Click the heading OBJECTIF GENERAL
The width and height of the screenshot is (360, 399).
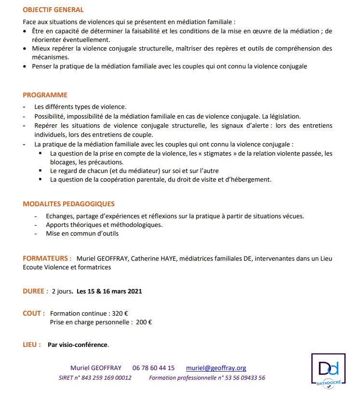coord(53,10)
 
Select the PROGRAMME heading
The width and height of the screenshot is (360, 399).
coord(45,95)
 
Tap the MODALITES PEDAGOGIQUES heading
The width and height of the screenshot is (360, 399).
coord(68,204)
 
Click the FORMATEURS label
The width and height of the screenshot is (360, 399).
coord(47,259)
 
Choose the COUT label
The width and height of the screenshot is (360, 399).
coord(34,313)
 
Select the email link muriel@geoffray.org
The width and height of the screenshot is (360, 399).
coord(216,368)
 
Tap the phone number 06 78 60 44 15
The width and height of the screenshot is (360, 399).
coord(153,368)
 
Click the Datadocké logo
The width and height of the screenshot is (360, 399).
coord(328,371)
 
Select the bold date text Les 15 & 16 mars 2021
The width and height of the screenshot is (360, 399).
coord(109,291)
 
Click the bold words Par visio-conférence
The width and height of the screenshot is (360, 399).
coord(78,345)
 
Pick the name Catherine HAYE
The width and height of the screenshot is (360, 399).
coord(153,259)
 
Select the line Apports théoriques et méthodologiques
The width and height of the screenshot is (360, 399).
coord(104,225)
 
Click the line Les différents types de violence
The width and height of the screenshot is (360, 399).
coord(80,107)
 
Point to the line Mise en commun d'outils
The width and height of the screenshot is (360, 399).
coord(82,234)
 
